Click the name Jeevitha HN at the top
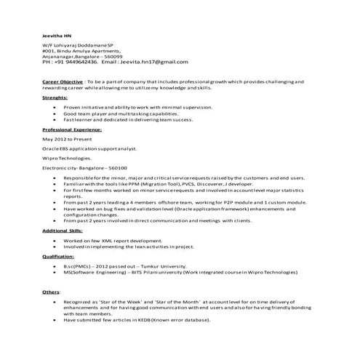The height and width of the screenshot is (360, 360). tap(56, 35)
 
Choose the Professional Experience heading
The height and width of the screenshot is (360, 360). tap(72, 129)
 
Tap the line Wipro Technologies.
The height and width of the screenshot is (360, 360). tap(67, 157)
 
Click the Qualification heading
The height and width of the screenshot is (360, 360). tap(58, 257)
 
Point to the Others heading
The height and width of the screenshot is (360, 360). tap(51, 291)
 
